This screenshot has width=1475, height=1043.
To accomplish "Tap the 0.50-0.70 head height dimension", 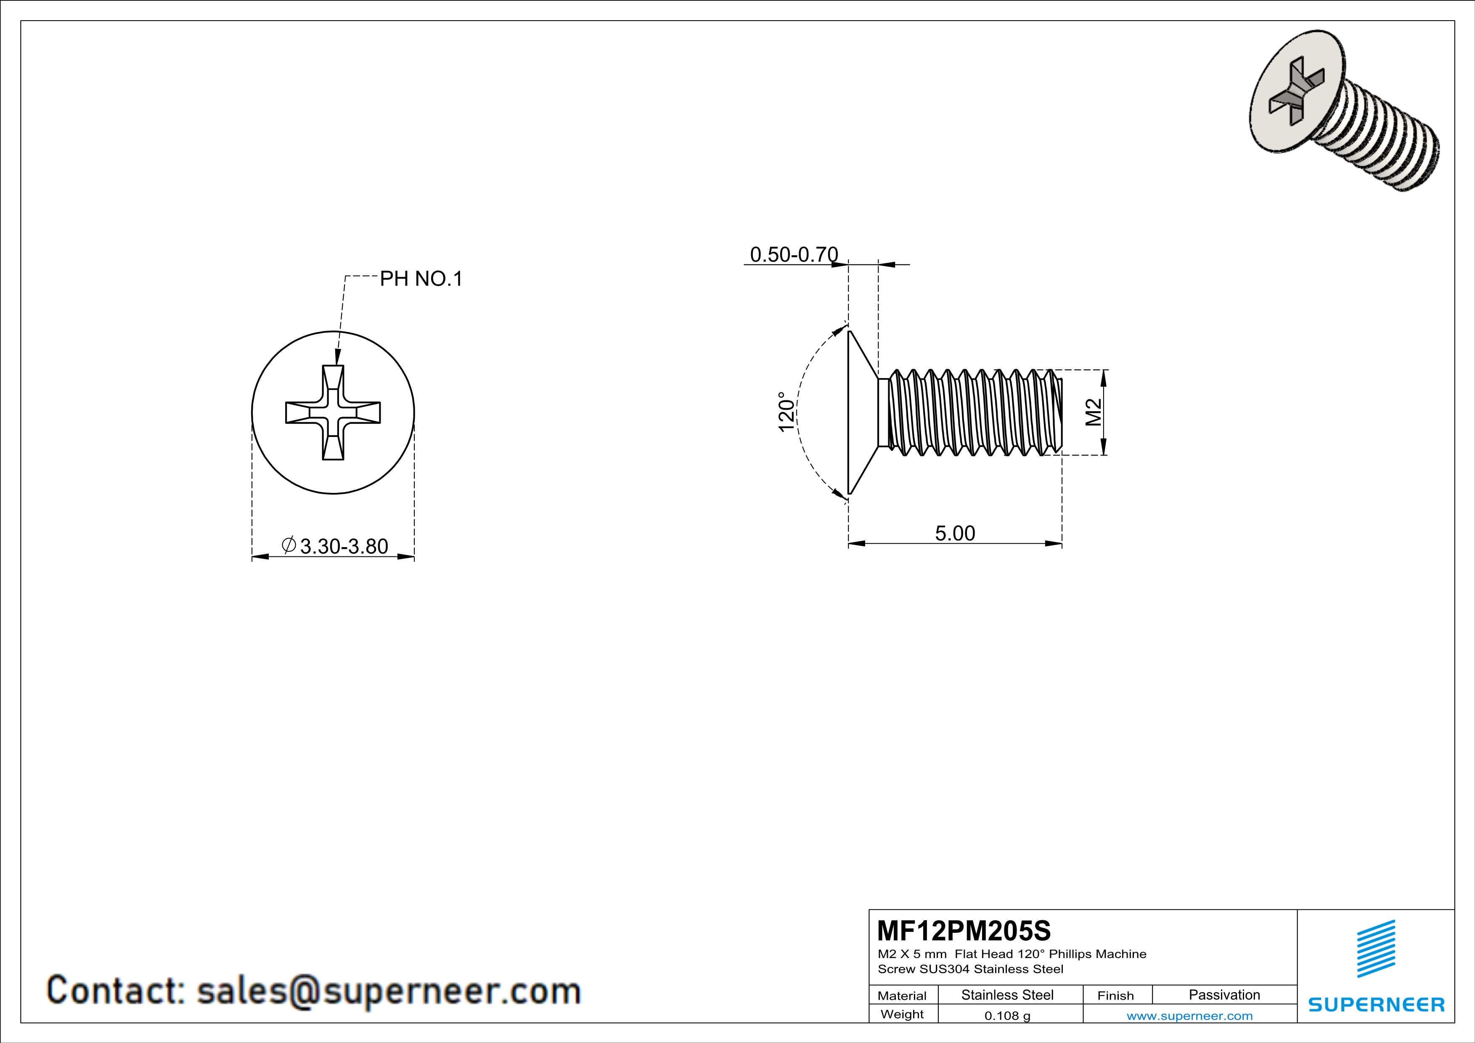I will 794,254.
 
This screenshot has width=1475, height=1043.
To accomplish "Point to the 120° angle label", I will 786,412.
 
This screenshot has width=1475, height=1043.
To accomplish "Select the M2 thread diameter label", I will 1094,412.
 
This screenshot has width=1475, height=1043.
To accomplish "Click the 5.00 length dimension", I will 955,533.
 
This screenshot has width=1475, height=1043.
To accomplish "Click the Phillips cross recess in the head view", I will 333,412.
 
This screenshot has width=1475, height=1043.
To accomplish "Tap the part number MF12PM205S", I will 964,930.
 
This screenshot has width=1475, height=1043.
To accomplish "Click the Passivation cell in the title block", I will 1224,995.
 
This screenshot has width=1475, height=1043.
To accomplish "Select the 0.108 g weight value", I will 1007,1015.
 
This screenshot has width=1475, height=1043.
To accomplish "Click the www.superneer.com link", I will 1189,1015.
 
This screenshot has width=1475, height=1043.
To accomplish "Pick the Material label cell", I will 902,995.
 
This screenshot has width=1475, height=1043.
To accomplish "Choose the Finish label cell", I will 1115,995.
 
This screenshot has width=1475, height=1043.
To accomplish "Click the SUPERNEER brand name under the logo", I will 1376,1004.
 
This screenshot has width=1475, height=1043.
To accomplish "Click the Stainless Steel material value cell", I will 1007,995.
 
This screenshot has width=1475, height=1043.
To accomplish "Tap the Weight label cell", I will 902,1014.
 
